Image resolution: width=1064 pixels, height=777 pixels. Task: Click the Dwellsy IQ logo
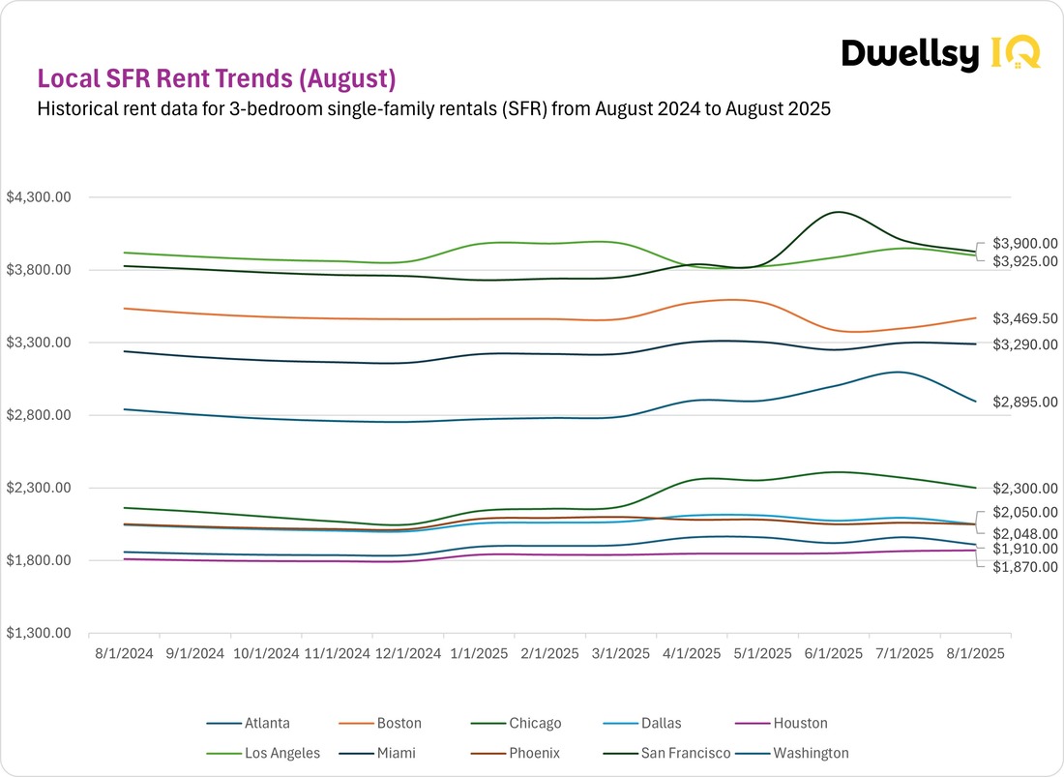coord(939,53)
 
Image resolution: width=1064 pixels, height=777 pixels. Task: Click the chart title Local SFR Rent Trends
coord(216,78)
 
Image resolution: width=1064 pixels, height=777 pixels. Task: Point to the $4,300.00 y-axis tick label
coord(40,197)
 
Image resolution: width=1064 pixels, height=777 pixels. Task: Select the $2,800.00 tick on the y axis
coord(40,415)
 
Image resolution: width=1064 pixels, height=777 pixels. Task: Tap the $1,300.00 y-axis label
coord(40,633)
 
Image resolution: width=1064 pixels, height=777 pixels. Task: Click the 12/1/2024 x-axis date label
coord(407,654)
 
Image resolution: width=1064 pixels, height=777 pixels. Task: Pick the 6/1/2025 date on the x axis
coord(834,654)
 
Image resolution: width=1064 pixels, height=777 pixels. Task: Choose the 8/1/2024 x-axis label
coord(124,654)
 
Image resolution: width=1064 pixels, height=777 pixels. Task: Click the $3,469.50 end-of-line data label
coord(1024,317)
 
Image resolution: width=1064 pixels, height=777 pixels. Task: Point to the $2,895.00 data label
coord(1024,402)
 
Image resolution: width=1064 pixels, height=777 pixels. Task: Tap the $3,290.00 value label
coord(1024,344)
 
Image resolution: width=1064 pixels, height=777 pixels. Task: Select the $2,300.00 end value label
coord(1024,489)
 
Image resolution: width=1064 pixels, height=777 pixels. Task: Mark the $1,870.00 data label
coord(1024,567)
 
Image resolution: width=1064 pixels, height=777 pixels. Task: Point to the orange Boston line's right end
coord(975,317)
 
